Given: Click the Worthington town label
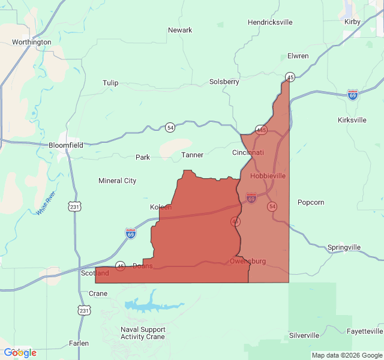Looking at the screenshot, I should (32, 42).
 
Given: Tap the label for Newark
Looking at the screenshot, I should (180, 30).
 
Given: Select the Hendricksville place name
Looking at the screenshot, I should (270, 22).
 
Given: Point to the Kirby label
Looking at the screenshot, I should (352, 22).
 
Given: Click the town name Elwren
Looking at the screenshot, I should (298, 56).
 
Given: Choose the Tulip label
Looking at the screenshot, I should (110, 83).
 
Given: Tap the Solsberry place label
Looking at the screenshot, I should (224, 82).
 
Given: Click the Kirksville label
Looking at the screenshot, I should (352, 120).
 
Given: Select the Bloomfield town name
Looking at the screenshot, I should (66, 145).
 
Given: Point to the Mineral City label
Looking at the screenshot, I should (118, 181).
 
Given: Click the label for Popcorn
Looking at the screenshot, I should (311, 202).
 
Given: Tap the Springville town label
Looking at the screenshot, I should (344, 247).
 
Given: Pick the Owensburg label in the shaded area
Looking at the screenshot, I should (247, 261).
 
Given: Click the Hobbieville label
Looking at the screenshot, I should (268, 176).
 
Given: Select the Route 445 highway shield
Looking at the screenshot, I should (261, 130).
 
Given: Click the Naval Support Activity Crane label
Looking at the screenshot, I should (143, 333).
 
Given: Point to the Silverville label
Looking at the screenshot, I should (304, 335).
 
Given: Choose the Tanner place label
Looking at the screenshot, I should (193, 155).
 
